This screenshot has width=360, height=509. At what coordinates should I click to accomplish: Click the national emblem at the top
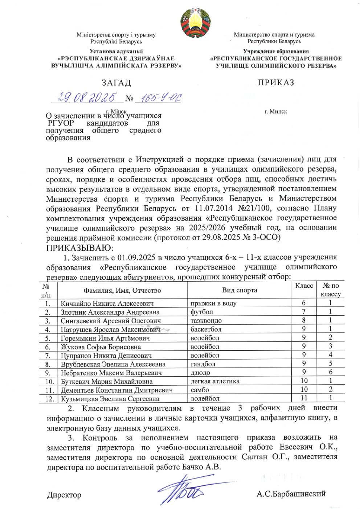pyautogui.click(x=195, y=22)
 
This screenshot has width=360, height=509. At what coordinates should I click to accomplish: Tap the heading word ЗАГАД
pyautogui.click(x=116, y=83)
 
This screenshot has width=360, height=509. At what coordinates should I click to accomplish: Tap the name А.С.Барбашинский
pyautogui.click(x=291, y=494)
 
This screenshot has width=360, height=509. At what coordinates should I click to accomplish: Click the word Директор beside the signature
pyautogui.click(x=64, y=495)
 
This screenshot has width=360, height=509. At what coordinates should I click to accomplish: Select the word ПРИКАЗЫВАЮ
pyautogui.click(x=79, y=247)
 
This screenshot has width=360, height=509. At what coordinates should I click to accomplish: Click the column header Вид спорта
pyautogui.click(x=240, y=290)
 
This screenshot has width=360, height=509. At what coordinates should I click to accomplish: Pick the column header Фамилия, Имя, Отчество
pyautogui.click(x=122, y=290)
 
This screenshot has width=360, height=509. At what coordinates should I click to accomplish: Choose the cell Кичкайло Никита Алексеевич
pyautogui.click(x=107, y=303)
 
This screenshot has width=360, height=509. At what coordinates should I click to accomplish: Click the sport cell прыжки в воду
pyautogui.click(x=213, y=303)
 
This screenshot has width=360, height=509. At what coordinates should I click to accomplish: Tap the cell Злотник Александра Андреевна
pyautogui.click(x=110, y=312)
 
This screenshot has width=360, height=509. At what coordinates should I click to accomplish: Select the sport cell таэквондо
pyautogui.click(x=206, y=321)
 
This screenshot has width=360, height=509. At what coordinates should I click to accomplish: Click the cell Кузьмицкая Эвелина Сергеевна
pyautogui.click(x=110, y=399)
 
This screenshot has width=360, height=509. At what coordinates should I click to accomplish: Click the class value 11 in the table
pyautogui.click(x=304, y=398)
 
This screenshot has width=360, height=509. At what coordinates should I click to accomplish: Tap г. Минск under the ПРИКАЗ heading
pyautogui.click(x=276, y=111)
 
